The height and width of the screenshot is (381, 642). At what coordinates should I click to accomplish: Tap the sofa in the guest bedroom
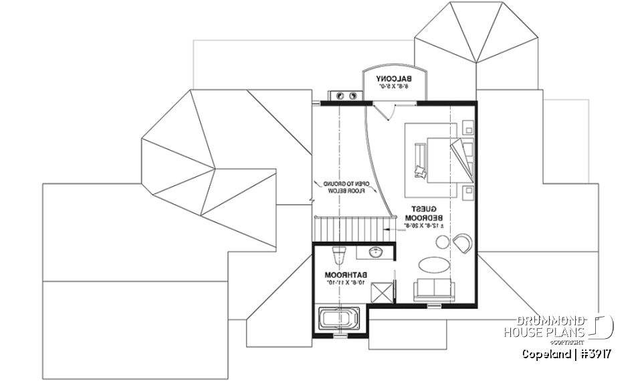point(434,291)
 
